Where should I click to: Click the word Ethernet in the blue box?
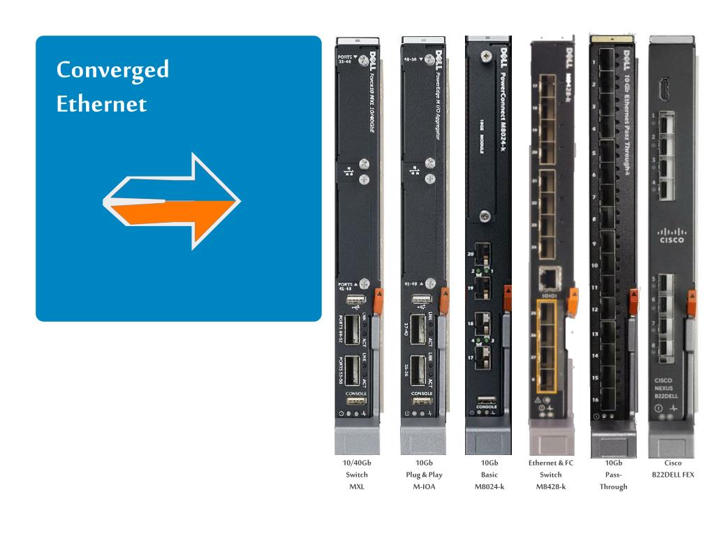pos(102,104)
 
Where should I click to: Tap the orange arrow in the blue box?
pos(175,211)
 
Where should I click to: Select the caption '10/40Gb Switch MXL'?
pos(357,475)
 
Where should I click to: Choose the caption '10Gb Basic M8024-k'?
pos(489,475)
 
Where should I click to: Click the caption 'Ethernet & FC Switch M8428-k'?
pos(551,475)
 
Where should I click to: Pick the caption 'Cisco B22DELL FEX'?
pos(673,468)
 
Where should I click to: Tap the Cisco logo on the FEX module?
pos(671,234)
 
